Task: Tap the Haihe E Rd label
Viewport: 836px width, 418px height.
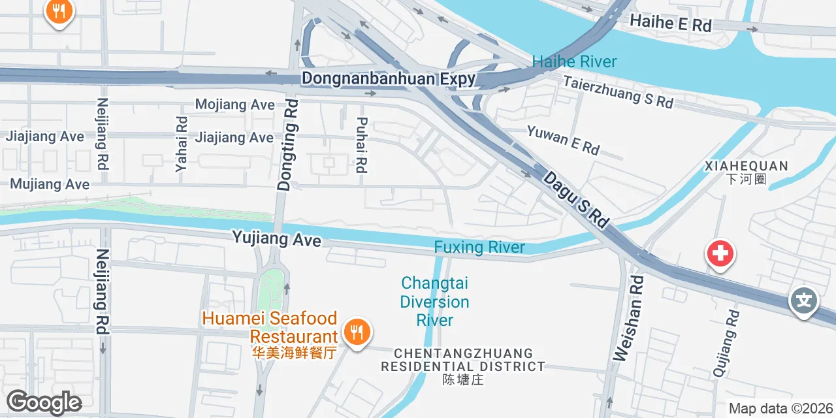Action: coord(671,24)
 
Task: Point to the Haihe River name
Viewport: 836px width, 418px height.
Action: coord(574,62)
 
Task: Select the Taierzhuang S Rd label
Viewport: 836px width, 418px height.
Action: coord(618,93)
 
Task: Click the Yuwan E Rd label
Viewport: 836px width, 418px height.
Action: coord(563,140)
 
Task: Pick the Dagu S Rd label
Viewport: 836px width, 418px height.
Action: coord(575,199)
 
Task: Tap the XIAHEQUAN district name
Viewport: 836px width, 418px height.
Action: coord(746,172)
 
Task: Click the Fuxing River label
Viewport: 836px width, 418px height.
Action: coord(479,248)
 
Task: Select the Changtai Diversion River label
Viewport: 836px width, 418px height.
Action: coord(435,302)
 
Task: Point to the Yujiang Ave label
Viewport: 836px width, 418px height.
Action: coord(276,238)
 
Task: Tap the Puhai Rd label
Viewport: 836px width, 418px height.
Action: coord(362,145)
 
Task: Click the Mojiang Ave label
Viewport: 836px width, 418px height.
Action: coord(234,104)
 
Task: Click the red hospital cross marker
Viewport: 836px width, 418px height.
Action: coord(720,253)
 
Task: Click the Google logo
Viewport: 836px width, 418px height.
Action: coord(44,402)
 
